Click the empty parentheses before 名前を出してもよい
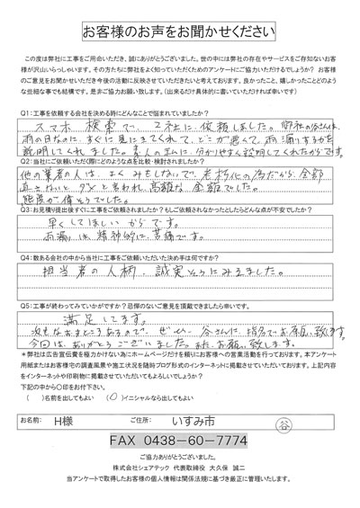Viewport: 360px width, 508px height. tap(37, 371)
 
